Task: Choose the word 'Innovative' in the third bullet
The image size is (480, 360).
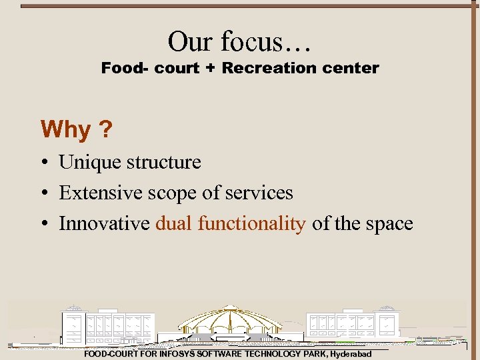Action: click(104, 224)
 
